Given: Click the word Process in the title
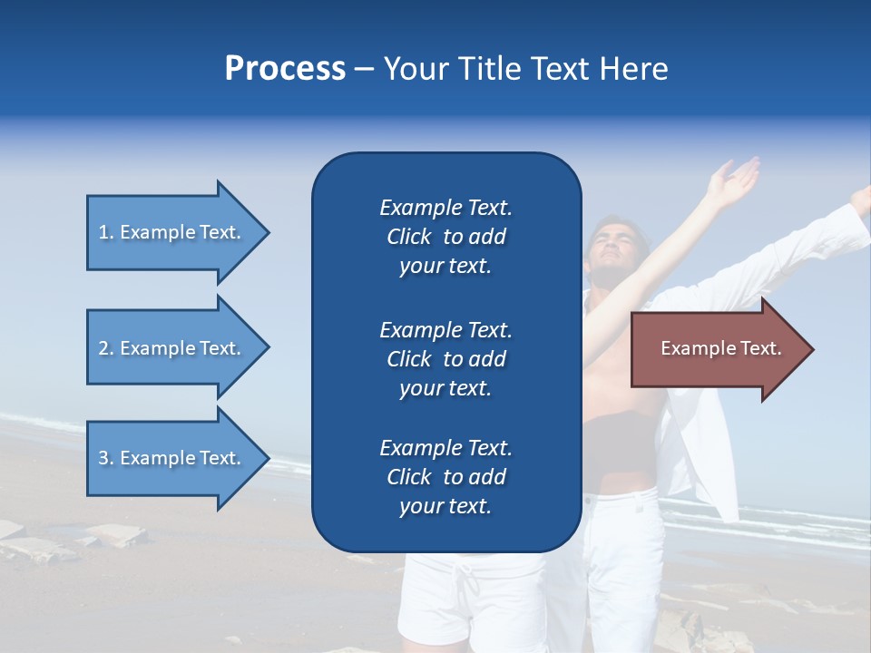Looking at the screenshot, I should tap(285, 69).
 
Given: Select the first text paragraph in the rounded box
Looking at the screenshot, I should tap(445, 237).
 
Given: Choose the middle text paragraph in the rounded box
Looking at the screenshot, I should tap(445, 359).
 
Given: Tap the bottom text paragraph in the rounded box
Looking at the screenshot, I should tap(445, 477).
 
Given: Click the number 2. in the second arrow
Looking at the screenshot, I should tap(106, 348).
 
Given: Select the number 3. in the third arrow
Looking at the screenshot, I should tap(106, 458).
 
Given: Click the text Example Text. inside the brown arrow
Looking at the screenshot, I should tap(720, 348).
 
